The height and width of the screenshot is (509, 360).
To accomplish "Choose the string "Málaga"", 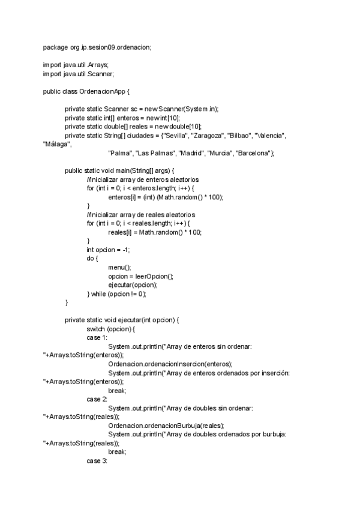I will tap(56, 145).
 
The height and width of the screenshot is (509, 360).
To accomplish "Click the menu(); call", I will tap(119, 267).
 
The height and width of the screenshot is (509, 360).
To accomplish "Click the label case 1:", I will tap(97, 338).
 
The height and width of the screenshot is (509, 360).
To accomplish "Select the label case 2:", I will tap(97, 399).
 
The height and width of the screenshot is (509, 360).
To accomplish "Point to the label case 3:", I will tap(97, 460).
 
